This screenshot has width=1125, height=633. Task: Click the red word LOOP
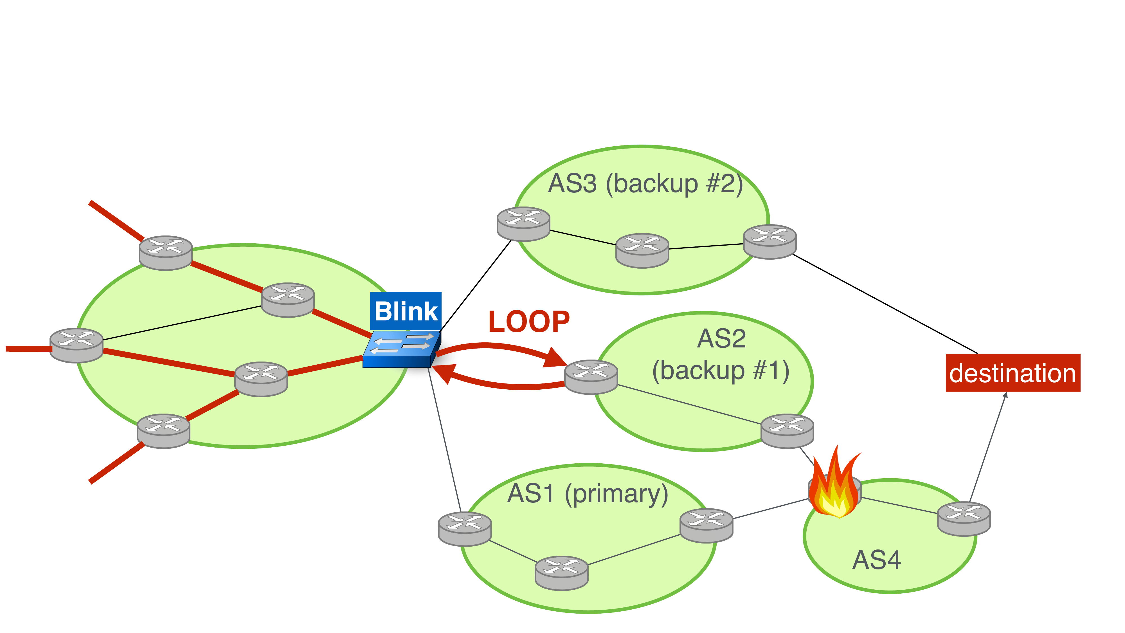tap(529, 322)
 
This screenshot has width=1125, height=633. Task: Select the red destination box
tap(1012, 373)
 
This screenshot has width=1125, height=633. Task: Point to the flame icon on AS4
tap(834, 485)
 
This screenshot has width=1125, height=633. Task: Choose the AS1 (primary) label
tap(588, 494)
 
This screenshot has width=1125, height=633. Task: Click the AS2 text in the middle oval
tap(721, 338)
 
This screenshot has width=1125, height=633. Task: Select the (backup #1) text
tap(721, 371)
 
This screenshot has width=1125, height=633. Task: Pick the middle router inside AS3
tap(642, 250)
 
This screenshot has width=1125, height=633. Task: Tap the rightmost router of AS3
tap(769, 242)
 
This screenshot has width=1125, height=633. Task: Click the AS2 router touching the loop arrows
tap(591, 377)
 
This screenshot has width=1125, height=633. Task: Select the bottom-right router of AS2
tap(787, 431)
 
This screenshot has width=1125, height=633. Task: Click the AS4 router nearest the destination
tap(964, 518)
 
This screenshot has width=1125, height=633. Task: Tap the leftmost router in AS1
tap(465, 529)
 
